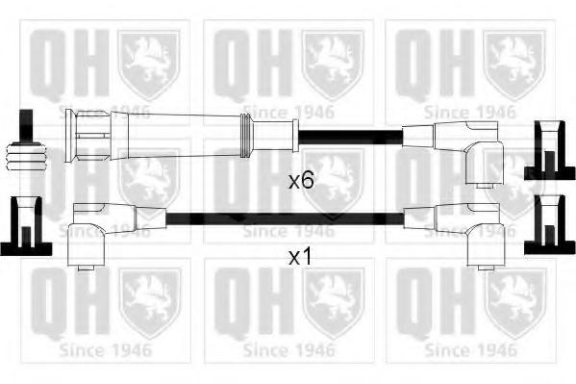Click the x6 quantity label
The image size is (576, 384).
pyautogui.click(x=301, y=181)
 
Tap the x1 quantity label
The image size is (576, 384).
pyautogui.click(x=300, y=257)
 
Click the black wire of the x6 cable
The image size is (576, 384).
pyautogui.click(x=350, y=137)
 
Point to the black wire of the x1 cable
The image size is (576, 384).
pyautogui.click(x=285, y=218)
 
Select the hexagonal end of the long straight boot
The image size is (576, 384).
pyautogui.click(x=88, y=136)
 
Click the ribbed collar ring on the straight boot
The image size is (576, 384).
pyautogui.click(x=246, y=136)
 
